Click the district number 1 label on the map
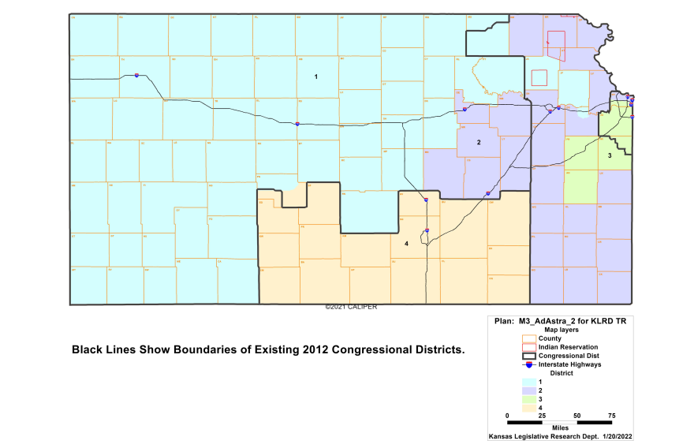click(x=315, y=77)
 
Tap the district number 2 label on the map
click(x=478, y=142)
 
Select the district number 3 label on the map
click(x=610, y=156)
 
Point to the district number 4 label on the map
click(x=406, y=244)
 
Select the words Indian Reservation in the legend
click(x=568, y=347)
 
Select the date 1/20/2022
click(x=616, y=436)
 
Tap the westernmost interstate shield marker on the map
click(x=137, y=76)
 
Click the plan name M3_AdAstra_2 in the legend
click(x=547, y=321)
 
